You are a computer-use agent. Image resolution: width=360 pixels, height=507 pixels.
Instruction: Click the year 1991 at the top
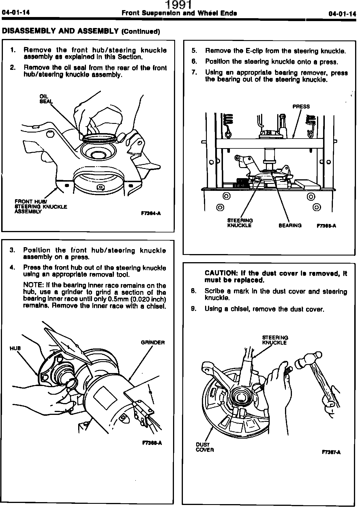click(x=178, y=5)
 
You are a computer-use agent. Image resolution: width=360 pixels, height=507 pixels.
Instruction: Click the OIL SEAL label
click(x=46, y=99)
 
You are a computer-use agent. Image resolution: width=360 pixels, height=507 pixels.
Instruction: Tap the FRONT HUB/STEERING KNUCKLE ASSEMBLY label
click(x=41, y=207)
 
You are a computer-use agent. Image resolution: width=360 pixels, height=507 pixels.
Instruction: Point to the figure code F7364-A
click(x=151, y=213)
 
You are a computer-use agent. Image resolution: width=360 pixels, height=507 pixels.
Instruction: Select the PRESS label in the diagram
click(x=301, y=107)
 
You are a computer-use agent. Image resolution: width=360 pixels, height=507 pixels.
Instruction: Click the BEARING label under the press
click(x=290, y=225)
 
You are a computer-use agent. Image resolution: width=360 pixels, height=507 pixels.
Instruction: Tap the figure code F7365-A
click(x=326, y=226)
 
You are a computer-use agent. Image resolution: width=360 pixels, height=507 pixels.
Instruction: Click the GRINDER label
click(x=153, y=343)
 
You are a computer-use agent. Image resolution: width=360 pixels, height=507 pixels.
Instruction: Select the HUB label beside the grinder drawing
click(x=15, y=348)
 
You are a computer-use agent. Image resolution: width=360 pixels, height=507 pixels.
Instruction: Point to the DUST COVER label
click(x=205, y=447)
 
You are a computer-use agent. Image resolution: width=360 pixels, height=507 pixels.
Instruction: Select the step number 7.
click(x=194, y=72)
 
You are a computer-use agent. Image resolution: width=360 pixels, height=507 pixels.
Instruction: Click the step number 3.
click(x=12, y=250)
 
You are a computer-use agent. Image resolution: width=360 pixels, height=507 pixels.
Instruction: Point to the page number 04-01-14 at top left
click(x=16, y=13)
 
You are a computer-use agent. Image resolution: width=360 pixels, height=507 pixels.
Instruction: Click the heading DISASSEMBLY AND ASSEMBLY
click(x=60, y=31)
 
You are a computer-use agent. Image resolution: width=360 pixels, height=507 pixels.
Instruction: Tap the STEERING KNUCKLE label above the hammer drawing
click(x=275, y=340)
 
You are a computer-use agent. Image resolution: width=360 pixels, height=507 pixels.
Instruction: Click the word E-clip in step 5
click(x=254, y=51)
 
